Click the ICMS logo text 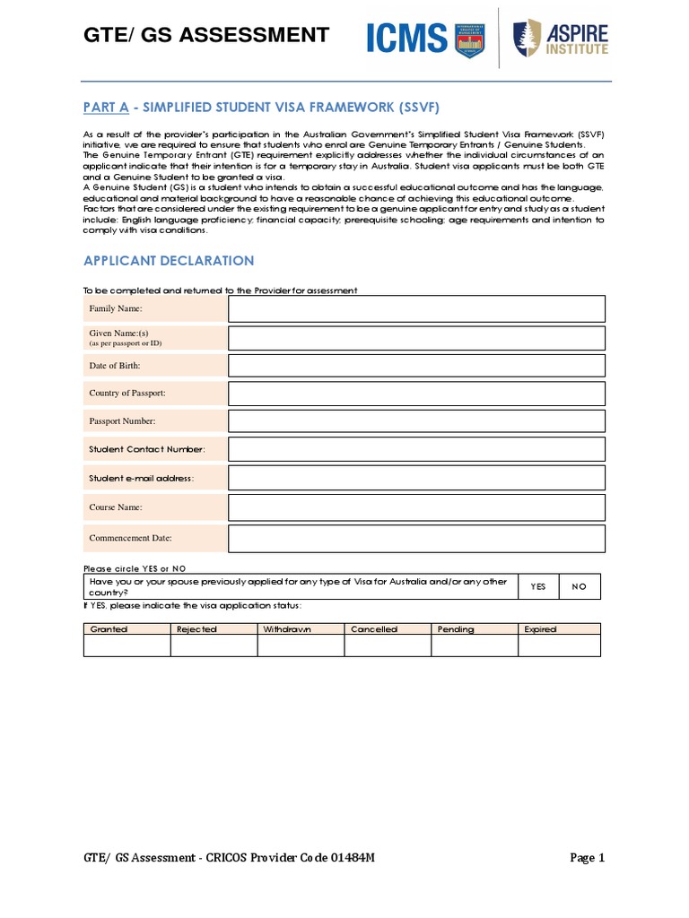pos(406,38)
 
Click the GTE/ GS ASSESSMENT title pos(206,35)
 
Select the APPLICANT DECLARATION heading pos(169,261)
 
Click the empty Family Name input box pos(416,309)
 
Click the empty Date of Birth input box pos(416,366)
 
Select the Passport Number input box pos(416,421)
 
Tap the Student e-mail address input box pos(416,478)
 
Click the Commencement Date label pos(130,539)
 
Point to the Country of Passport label pos(127,394)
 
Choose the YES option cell pos(538,586)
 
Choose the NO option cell pos(579,586)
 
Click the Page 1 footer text pos(588,858)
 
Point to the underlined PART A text pos(106,108)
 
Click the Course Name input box pos(416,507)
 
